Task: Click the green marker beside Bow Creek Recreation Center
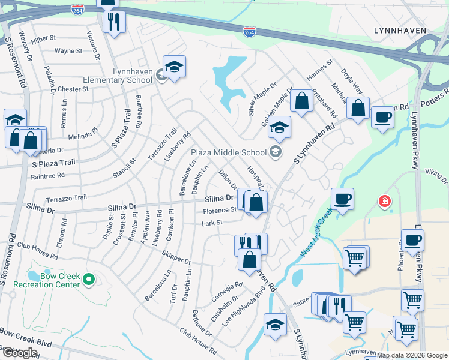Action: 89,279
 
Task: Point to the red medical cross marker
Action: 384,202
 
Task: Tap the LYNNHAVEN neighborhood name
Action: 399,30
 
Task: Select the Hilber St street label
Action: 44,37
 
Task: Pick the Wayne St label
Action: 68,51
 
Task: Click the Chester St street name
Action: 73,89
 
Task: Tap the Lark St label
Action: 212,223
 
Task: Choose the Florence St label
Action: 220,210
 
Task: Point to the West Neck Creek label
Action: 317,234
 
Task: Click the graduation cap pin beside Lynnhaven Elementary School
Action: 174,68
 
